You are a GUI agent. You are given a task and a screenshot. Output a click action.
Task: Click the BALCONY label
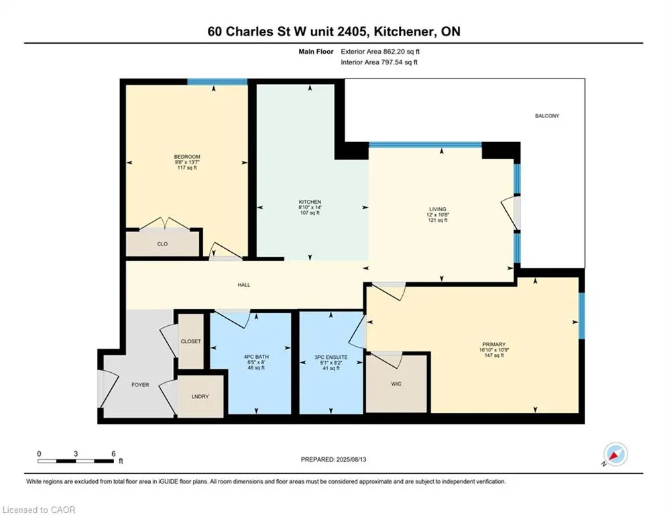[x=547, y=116]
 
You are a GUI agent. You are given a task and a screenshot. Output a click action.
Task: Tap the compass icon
[x=615, y=454]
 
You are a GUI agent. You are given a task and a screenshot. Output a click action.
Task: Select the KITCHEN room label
[x=310, y=202]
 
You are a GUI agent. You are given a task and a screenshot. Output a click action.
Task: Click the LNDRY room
[x=200, y=396]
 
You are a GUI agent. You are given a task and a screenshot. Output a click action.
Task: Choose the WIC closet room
[x=396, y=384]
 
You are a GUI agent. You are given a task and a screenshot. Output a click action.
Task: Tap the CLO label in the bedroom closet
[x=162, y=244]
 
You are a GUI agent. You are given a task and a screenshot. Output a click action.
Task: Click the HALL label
[x=244, y=285]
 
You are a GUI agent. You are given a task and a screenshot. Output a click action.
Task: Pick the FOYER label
[x=140, y=384]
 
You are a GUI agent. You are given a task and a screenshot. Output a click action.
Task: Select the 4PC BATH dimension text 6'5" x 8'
[x=256, y=362]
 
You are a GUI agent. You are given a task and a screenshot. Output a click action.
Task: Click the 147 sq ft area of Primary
[x=494, y=355]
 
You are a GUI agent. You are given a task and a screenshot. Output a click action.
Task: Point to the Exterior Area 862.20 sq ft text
[x=380, y=52]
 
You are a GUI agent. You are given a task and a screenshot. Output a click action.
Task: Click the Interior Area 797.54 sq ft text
[x=379, y=62]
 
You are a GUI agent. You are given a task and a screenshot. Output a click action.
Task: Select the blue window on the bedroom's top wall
[x=217, y=82]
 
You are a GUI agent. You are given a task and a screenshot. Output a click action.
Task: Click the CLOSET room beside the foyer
[x=190, y=341]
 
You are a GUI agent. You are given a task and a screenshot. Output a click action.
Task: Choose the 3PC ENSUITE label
[x=331, y=357]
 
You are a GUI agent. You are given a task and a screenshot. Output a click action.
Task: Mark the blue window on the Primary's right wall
[x=581, y=316]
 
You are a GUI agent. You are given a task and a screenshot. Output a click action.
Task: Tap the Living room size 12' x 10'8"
[x=438, y=215]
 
